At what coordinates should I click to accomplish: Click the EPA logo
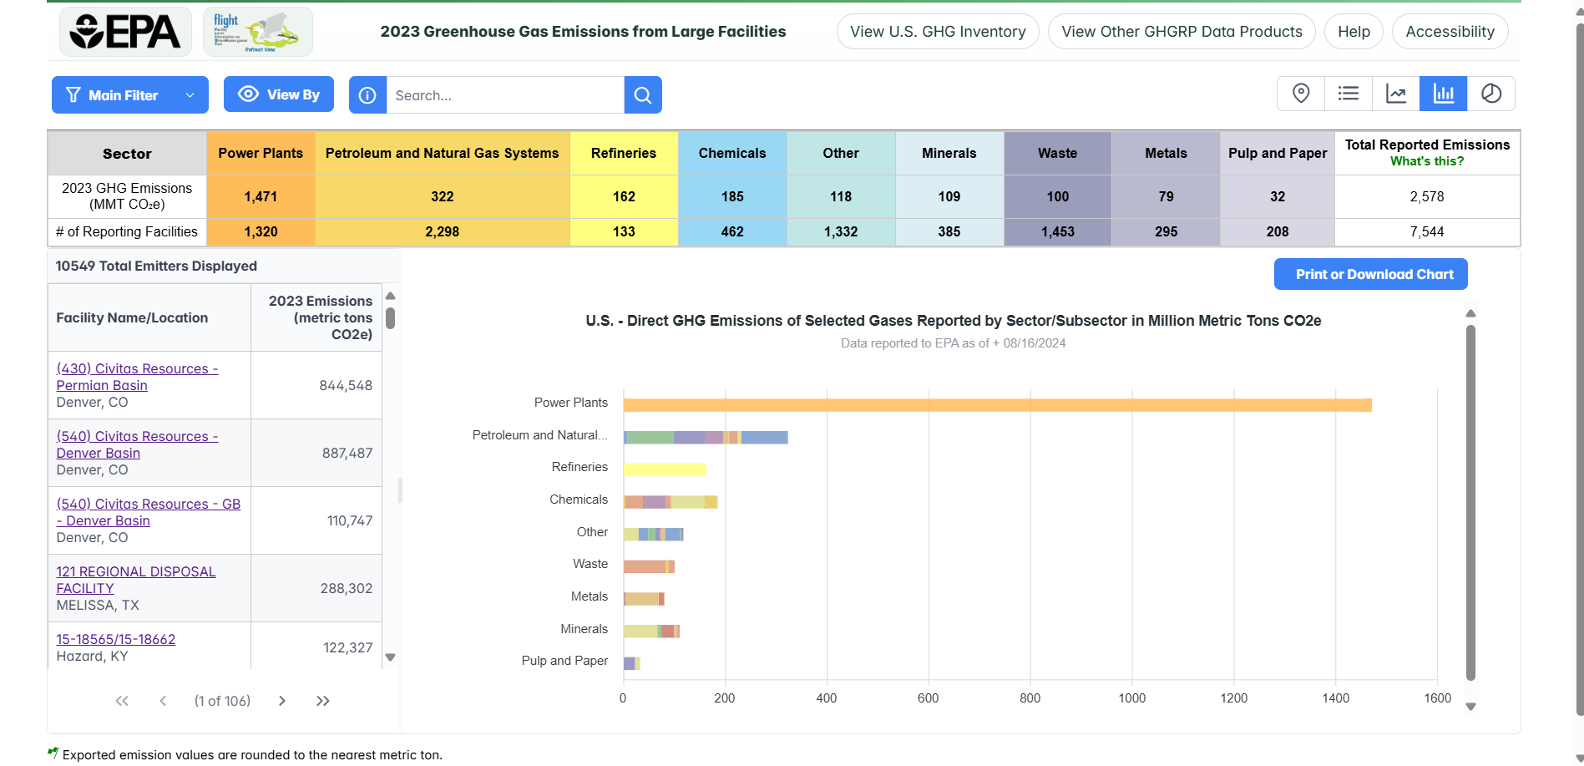[x=125, y=32]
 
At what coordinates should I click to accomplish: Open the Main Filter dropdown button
[x=129, y=95]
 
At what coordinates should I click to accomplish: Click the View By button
[x=278, y=94]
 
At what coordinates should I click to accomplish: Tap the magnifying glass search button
[x=642, y=95]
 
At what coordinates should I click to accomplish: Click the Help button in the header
[x=1353, y=32]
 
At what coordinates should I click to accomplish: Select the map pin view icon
[x=1300, y=94]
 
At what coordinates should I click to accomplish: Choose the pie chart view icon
[x=1490, y=94]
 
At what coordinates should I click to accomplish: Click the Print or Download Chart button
[x=1369, y=274]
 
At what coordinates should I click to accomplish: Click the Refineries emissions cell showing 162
[x=624, y=196]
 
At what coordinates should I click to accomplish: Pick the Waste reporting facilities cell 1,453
[x=1057, y=231]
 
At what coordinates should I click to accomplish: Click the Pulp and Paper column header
[x=1277, y=153]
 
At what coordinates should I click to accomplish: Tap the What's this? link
[x=1426, y=161]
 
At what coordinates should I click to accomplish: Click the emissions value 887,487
[x=347, y=453]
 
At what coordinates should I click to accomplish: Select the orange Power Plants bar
[x=997, y=405]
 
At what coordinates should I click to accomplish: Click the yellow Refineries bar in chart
[x=664, y=469]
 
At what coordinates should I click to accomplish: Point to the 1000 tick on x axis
[x=1131, y=698]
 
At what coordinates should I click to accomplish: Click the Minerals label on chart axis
[x=584, y=629]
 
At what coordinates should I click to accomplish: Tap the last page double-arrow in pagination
[x=323, y=701]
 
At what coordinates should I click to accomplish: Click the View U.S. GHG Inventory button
[x=937, y=32]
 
